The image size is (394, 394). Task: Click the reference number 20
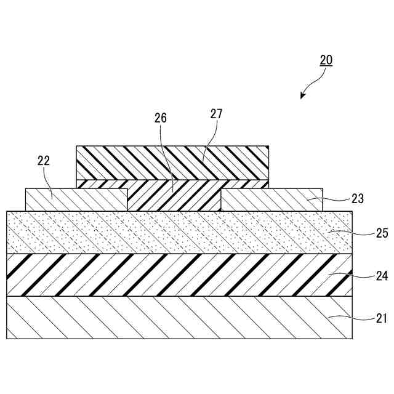pos(326,60)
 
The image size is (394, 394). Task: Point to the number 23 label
pos(357,199)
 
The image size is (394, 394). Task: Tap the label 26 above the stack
pos(161,118)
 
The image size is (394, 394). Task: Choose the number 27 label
pos(215,114)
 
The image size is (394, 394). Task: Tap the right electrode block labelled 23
pos(271,200)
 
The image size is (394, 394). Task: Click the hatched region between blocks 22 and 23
pos(174,197)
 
